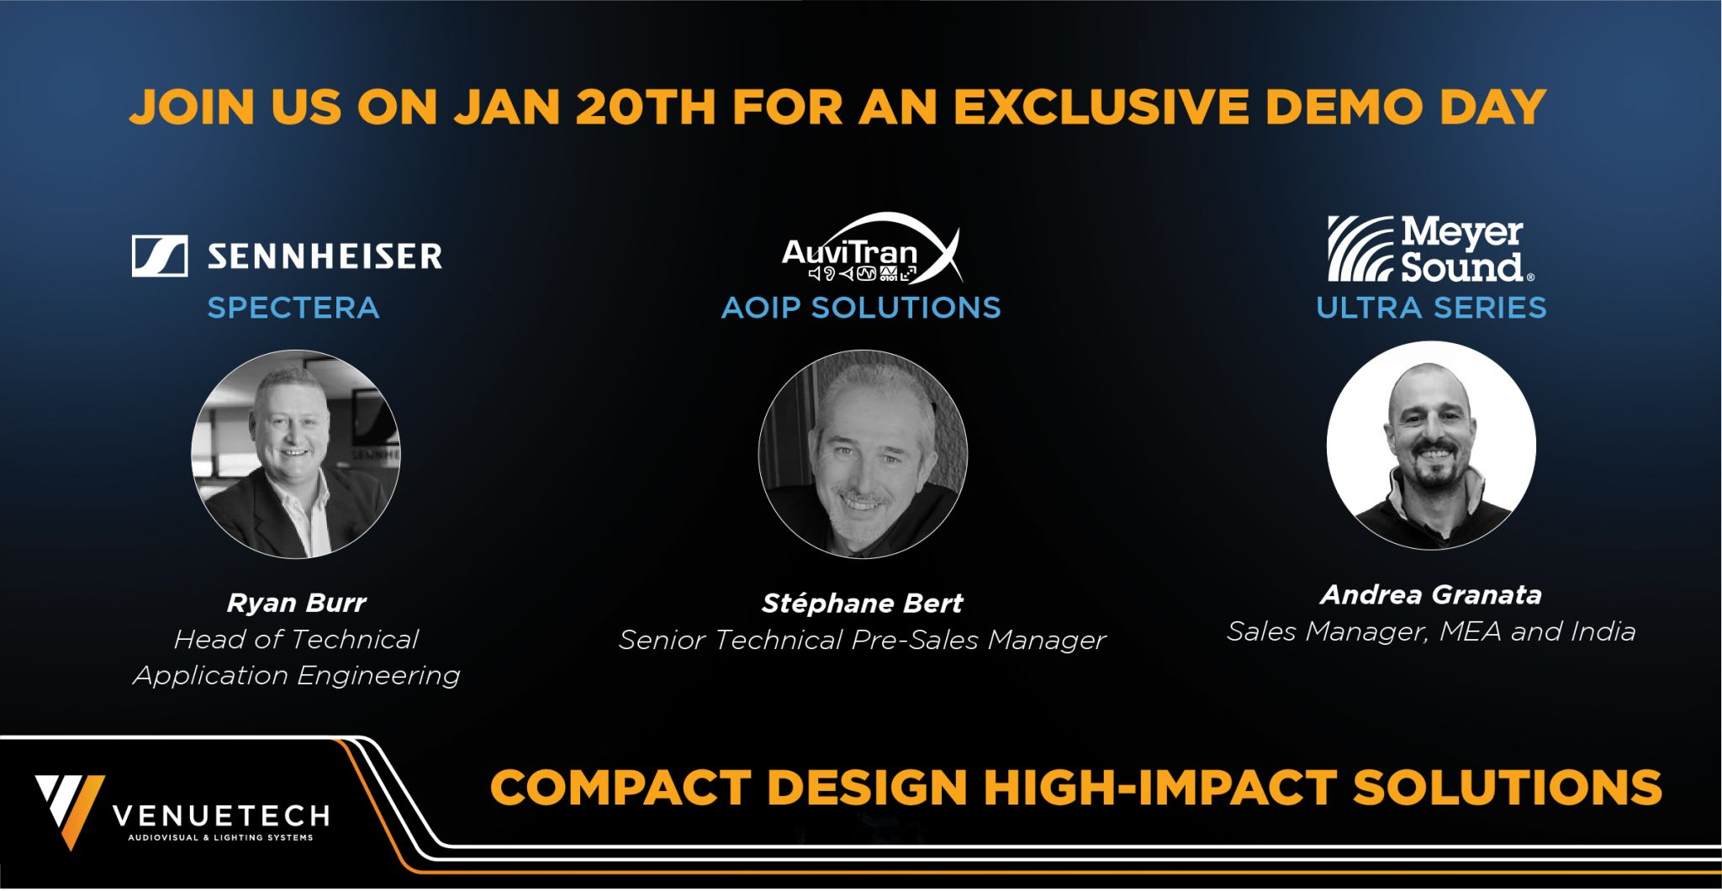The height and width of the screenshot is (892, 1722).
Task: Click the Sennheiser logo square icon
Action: point(160,256)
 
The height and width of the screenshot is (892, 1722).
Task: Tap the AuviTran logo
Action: point(872,250)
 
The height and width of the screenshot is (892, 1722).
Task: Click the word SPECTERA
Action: point(293,308)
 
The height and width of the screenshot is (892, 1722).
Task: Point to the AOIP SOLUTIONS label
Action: point(861,308)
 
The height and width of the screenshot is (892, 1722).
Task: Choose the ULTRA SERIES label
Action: point(1431,308)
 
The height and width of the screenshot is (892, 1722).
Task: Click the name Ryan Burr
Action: point(296,603)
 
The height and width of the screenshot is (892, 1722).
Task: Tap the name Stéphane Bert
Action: point(862,603)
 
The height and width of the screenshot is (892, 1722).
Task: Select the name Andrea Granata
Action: point(1431,594)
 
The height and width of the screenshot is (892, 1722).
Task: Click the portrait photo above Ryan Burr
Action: point(296,454)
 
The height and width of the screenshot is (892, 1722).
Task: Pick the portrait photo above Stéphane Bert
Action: point(863,454)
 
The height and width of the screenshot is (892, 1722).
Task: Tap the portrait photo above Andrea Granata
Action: point(1431,446)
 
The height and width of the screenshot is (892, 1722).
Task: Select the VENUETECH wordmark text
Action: point(221,815)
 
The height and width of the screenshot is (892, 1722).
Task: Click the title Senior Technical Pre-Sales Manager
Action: point(862,641)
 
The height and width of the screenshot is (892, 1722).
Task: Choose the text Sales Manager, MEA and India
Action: point(1431,631)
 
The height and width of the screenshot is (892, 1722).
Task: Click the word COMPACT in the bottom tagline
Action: point(621,787)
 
